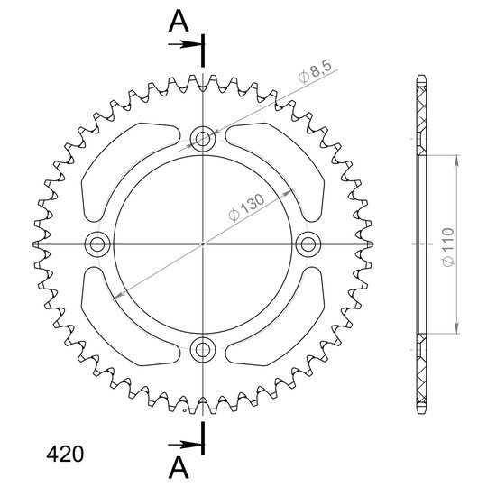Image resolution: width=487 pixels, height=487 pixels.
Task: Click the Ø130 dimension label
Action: pyautogui.click(x=246, y=207)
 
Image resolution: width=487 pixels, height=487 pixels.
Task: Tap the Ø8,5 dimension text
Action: pyautogui.click(x=315, y=72)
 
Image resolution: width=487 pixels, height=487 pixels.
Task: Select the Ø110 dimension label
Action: pyautogui.click(x=448, y=247)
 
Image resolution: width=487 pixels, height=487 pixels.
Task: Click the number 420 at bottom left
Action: pyautogui.click(x=65, y=454)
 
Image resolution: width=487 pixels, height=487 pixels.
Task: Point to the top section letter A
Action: pyautogui.click(x=179, y=21)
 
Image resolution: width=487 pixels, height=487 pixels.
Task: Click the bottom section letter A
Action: pyautogui.click(x=179, y=468)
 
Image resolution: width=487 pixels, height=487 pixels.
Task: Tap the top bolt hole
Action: pyautogui.click(x=203, y=139)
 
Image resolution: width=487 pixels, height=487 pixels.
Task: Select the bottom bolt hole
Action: pyautogui.click(x=203, y=350)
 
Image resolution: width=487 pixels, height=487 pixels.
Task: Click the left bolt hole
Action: pyautogui.click(x=97, y=244)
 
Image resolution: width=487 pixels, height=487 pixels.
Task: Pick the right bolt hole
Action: pyautogui.click(x=308, y=244)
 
